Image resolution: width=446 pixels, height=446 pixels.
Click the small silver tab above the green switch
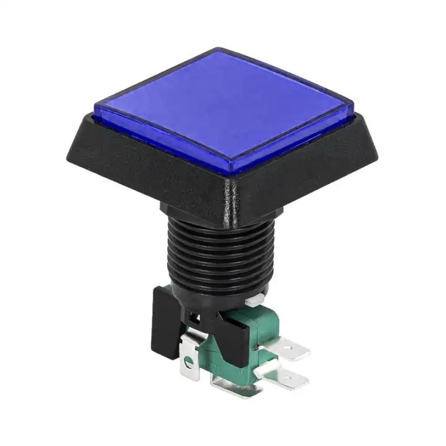coord(254,302)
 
